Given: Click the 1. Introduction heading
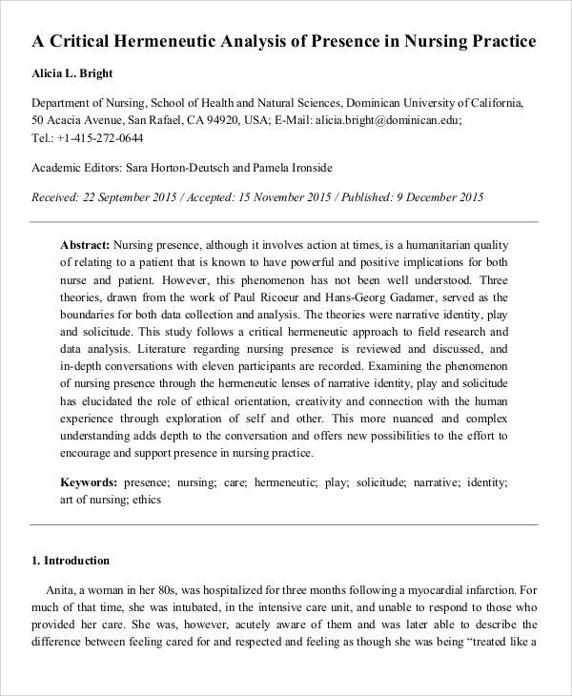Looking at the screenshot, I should [x=71, y=561].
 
